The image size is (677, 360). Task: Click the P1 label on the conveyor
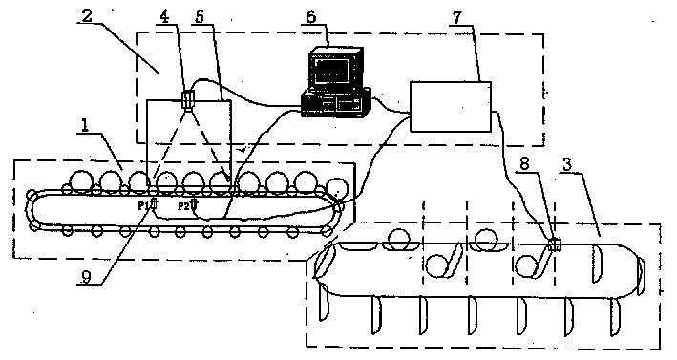pos(142,204)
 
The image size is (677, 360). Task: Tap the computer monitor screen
pos(333,68)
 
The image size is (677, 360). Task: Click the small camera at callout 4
pos(188,99)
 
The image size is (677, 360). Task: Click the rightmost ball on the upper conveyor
pos(336,185)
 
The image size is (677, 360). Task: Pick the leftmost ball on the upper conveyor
pos(81,181)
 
